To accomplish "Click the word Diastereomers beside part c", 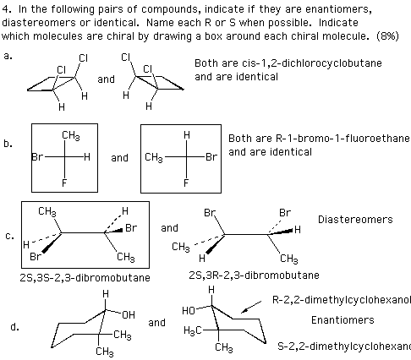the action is [x=355, y=220].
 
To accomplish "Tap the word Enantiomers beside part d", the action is [x=342, y=320].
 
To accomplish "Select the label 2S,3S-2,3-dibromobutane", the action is [x=85, y=278].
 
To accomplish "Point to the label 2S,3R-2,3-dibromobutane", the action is [x=254, y=275].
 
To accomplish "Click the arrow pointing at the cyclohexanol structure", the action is [x=251, y=307].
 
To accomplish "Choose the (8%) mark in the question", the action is [x=388, y=36].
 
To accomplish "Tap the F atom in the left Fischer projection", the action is [x=64, y=183].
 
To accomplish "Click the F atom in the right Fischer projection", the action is [x=186, y=183].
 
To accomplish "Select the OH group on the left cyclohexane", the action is [x=129, y=314].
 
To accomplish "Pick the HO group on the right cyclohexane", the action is [x=189, y=311].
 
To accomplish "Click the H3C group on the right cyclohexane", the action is [x=193, y=330].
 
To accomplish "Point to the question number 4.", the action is [x=7, y=9].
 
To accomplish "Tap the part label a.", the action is [x=8, y=57].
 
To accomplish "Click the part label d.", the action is [x=14, y=327].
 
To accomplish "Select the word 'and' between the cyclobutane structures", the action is [x=106, y=79].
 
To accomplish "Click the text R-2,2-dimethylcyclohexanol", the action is [x=342, y=300].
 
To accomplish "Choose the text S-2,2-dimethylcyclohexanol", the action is [x=344, y=346].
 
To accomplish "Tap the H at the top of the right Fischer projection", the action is [x=187, y=135].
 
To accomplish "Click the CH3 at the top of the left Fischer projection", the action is [x=71, y=136].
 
